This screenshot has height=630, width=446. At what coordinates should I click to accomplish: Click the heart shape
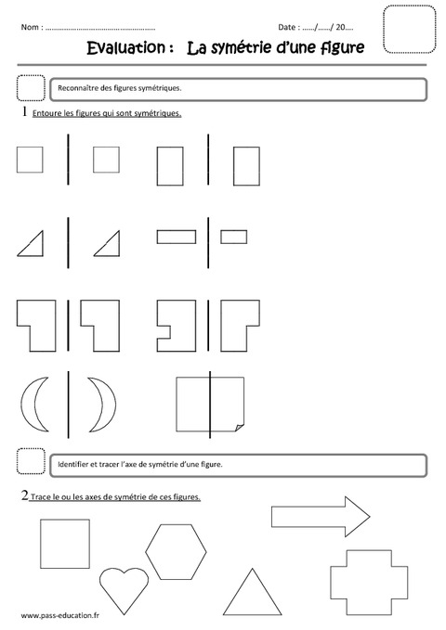(x=124, y=586)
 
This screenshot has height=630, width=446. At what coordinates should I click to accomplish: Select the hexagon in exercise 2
(x=182, y=551)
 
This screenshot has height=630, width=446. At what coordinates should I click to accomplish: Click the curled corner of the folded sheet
(x=237, y=426)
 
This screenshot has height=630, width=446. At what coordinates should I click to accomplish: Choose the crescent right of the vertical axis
(x=101, y=405)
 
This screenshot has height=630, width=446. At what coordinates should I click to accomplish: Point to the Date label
(x=290, y=27)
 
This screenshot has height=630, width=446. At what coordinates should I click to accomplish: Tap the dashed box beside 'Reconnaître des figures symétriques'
(x=31, y=88)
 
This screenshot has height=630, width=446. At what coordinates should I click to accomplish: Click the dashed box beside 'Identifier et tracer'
(x=31, y=462)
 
